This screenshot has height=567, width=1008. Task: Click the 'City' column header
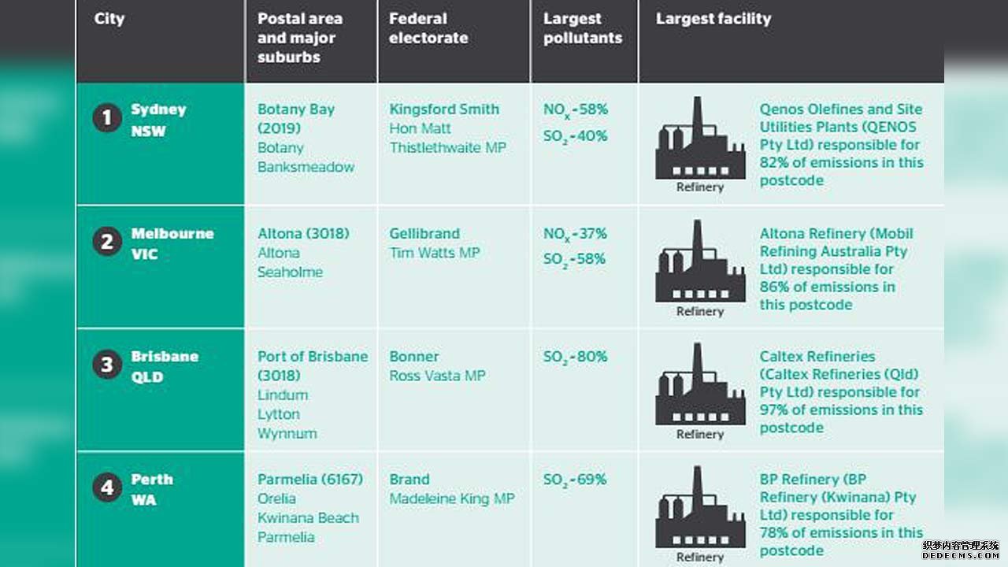pos(109,20)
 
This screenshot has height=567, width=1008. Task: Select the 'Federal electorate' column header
pos(428,28)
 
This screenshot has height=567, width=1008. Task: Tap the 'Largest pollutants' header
pos(583,28)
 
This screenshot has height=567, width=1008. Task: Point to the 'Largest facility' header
pos(713,18)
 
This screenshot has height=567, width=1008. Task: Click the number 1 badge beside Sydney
pos(107,118)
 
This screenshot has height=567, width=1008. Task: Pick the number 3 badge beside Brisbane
pos(107,365)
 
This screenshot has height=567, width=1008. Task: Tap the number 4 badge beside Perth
pos(107,487)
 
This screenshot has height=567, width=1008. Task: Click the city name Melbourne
pos(172,234)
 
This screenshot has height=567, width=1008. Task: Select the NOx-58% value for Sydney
pos(576,110)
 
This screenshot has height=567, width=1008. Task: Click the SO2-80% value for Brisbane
pos(576,358)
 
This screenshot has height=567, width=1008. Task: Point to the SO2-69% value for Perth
pos(575,480)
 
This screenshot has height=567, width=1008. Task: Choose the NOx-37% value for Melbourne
pos(575,235)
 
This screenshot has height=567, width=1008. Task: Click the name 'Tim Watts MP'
pos(435,253)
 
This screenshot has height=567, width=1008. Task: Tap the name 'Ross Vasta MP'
pos(437,376)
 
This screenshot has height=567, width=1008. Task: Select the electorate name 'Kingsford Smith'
pos(444,109)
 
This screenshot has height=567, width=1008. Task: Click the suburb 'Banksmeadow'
pos(306,167)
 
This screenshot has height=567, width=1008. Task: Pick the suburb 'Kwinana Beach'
pos(308,518)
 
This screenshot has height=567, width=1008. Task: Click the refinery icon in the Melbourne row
pos(700,261)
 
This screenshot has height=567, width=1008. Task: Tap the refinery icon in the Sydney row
pos(700,138)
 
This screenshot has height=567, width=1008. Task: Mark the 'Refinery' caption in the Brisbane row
pos(700,434)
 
